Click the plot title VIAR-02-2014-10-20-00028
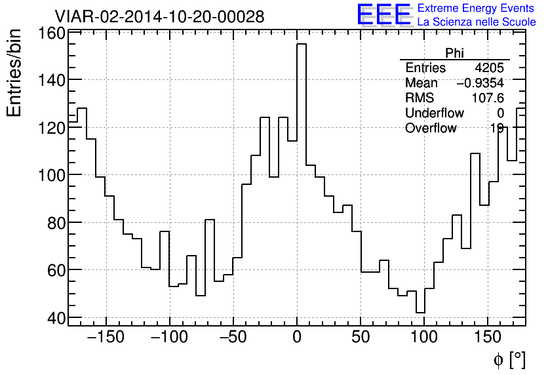pos(159,16)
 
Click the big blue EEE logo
pos(383,14)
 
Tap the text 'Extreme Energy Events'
pos(477,9)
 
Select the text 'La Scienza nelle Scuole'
pos(477,22)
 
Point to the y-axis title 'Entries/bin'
pos(14,73)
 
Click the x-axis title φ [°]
pos(509,360)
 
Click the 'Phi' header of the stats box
pos(455,53)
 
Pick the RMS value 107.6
pos(488,98)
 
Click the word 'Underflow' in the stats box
pos(434,113)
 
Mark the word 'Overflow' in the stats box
pos(431,128)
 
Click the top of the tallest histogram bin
pos(302,44)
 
